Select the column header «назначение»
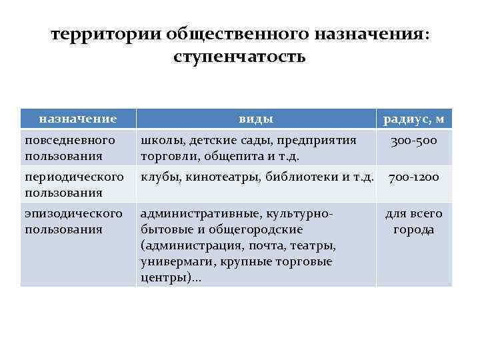(78, 119)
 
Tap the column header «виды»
(256, 119)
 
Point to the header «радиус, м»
(413, 119)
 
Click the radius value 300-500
(413, 141)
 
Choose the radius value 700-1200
(413, 178)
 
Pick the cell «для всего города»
(413, 221)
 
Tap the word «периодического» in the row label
(73, 177)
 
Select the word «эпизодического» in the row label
(73, 214)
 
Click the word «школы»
(161, 141)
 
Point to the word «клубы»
(159, 177)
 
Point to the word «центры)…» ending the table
(171, 278)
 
